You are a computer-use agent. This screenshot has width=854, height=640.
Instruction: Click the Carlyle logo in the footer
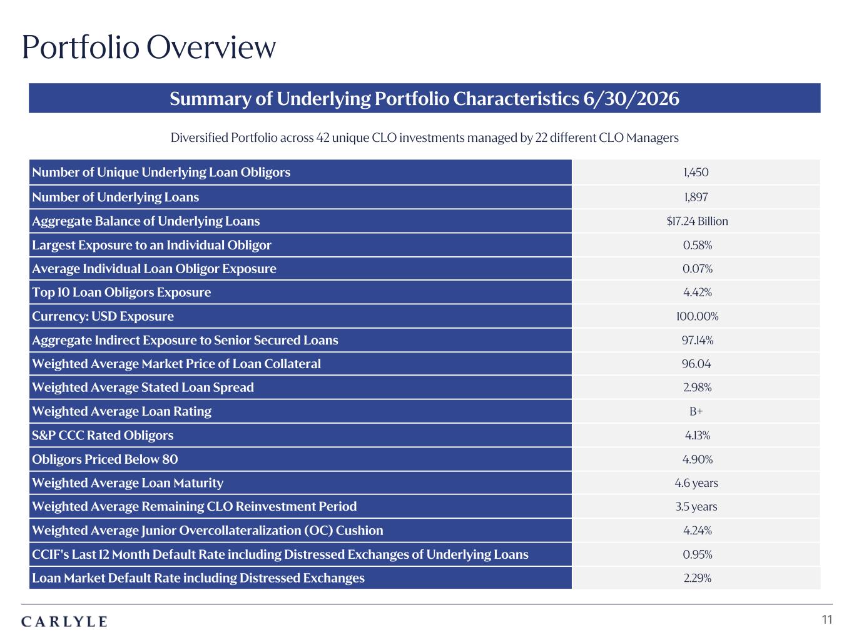pyautogui.click(x=64, y=622)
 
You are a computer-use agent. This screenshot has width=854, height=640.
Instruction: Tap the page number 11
pyautogui.click(x=826, y=619)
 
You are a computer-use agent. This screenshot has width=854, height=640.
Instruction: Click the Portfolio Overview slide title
pyautogui.click(x=149, y=47)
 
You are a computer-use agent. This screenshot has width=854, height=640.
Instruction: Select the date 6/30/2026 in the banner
pyautogui.click(x=631, y=98)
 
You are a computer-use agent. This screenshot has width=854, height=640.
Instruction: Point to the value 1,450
pyautogui.click(x=696, y=172)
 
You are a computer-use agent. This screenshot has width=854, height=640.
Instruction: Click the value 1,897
pyautogui.click(x=696, y=197)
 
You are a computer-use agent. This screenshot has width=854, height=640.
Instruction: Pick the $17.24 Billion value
pyautogui.click(x=697, y=221)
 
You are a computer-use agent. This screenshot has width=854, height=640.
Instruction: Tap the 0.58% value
pyautogui.click(x=697, y=245)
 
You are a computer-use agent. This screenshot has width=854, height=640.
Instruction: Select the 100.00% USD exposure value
pyautogui.click(x=697, y=316)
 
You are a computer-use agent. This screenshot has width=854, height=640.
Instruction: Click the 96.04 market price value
pyautogui.click(x=696, y=364)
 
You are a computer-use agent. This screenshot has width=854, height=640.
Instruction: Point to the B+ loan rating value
pyautogui.click(x=696, y=411)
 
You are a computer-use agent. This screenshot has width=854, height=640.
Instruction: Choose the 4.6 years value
pyautogui.click(x=696, y=483)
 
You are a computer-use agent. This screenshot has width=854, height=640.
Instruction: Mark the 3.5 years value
pyautogui.click(x=696, y=507)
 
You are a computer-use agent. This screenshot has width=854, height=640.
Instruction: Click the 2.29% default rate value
pyautogui.click(x=697, y=578)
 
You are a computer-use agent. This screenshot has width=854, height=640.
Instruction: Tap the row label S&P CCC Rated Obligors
pyautogui.click(x=103, y=435)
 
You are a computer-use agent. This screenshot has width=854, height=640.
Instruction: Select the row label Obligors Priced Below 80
pyautogui.click(x=105, y=459)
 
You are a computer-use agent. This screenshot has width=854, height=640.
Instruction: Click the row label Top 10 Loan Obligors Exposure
pyautogui.click(x=121, y=292)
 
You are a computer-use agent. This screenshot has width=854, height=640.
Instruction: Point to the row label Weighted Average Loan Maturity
pyautogui.click(x=128, y=483)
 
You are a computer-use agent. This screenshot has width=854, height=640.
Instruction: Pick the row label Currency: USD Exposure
pyautogui.click(x=103, y=316)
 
